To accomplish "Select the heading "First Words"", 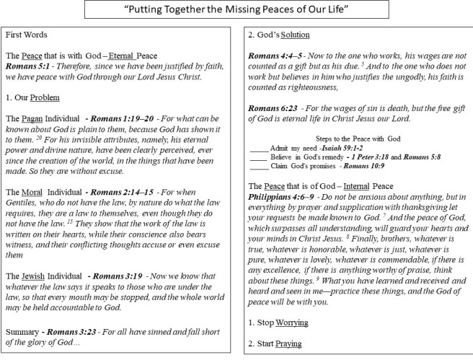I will (24, 35).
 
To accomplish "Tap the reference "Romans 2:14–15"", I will (115, 193).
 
